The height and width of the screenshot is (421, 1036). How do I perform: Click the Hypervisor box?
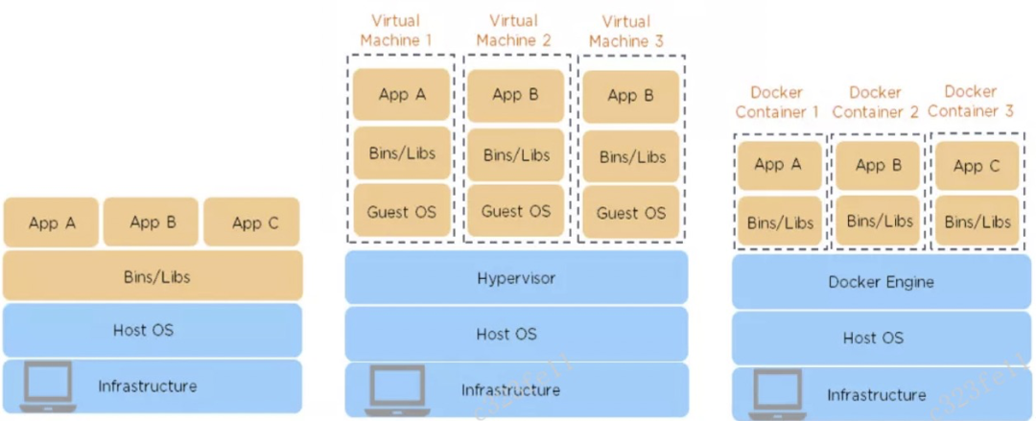pyautogui.click(x=516, y=279)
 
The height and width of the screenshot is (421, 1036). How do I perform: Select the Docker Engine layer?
pyautogui.click(x=881, y=282)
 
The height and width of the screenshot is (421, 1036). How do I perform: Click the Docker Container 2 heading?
pyautogui.click(x=875, y=102)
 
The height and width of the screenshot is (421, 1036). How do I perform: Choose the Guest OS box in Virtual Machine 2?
pyautogui.click(x=516, y=211)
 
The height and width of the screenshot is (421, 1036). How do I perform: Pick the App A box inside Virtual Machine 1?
pyautogui.click(x=402, y=94)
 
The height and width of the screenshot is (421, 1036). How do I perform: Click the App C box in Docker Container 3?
pyautogui.click(x=977, y=166)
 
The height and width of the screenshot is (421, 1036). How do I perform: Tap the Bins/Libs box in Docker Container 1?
pyautogui.click(x=780, y=222)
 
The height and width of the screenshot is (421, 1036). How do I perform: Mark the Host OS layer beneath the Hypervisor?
pyautogui.click(x=516, y=334)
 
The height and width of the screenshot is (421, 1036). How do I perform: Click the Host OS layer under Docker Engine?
pyautogui.click(x=873, y=338)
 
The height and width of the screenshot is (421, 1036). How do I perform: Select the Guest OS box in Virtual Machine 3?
pyautogui.click(x=630, y=213)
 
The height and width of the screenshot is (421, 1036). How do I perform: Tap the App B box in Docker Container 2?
pyautogui.click(x=878, y=165)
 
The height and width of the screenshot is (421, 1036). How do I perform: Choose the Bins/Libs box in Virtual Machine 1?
pyautogui.click(x=402, y=153)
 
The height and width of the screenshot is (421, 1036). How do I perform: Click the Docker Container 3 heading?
pyautogui.click(x=970, y=101)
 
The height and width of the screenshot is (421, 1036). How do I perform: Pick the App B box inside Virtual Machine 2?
pyautogui.click(x=516, y=94)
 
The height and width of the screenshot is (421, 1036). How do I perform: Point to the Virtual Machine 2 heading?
pyautogui.click(x=513, y=31)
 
